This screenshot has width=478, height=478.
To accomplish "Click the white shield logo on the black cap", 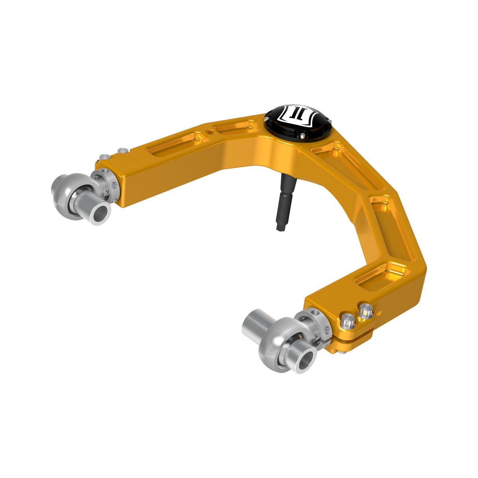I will tap(296, 115).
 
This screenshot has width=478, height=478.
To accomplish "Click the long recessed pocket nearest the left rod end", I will tap(173, 145).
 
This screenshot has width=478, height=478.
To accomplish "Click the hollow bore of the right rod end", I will tap(307, 361).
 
